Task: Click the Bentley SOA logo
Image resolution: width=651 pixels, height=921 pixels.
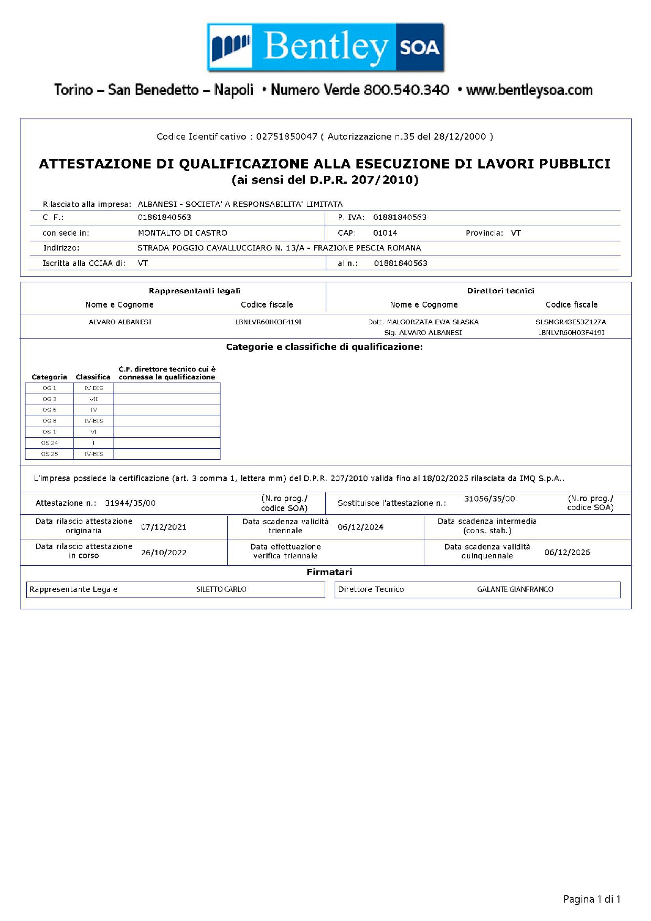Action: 325,47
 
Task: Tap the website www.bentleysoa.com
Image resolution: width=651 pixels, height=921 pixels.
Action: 529,90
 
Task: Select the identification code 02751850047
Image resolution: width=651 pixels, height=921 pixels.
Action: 286,136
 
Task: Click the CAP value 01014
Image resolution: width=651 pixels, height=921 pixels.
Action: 385,233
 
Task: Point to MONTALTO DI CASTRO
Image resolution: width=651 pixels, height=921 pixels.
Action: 183,233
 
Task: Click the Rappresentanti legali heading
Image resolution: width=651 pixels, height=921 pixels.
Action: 194,291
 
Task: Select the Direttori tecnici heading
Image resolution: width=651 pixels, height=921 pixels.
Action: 500,291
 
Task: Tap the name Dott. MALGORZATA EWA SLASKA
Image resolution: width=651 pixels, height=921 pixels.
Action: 423,322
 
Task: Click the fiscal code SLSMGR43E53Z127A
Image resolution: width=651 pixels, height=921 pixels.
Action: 571,322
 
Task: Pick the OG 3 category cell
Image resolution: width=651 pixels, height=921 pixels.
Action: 49,399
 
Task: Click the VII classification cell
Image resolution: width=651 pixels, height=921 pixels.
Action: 94,399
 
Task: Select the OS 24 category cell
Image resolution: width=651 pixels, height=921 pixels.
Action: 49,443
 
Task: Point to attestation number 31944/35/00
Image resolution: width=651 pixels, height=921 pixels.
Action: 130,503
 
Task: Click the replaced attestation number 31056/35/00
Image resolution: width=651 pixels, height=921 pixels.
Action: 489,499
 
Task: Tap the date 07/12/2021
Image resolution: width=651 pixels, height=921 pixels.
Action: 164,527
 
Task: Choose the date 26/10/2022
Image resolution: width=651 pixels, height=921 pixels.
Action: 164,553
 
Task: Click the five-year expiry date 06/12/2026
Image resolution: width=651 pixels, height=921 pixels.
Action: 567,553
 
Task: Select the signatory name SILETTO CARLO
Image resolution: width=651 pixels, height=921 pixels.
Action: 221,590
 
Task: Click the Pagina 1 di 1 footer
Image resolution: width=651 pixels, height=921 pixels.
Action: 592,899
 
